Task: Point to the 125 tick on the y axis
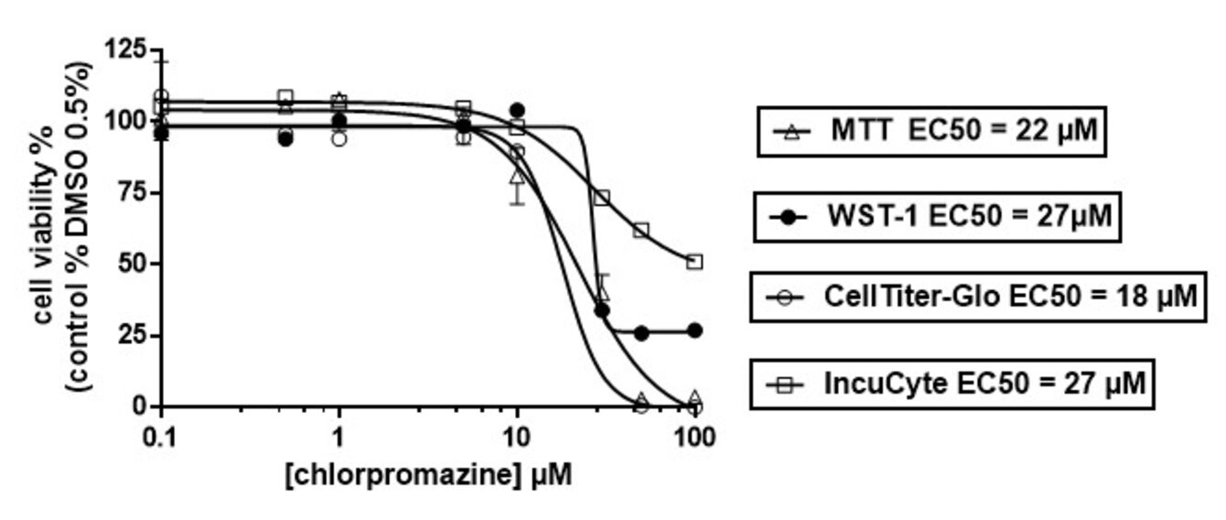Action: tap(127, 49)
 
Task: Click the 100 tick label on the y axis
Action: tap(127, 121)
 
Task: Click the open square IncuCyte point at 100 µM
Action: tap(695, 262)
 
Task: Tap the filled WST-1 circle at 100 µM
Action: tap(695, 330)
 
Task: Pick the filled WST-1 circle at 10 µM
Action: tap(518, 110)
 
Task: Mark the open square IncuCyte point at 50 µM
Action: tap(641, 230)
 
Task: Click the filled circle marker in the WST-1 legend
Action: tap(789, 218)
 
